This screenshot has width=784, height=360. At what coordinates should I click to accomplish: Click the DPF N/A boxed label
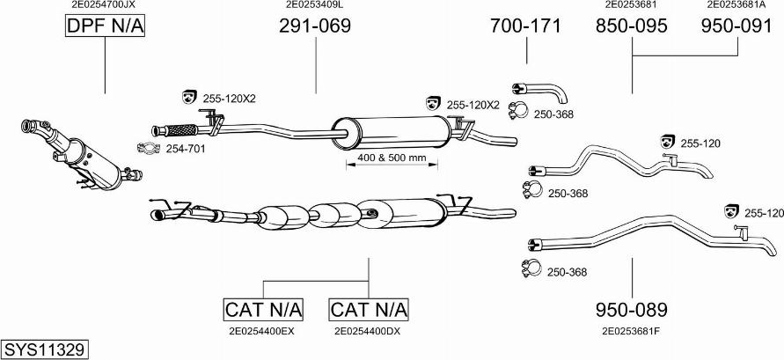pyautogui.click(x=105, y=27)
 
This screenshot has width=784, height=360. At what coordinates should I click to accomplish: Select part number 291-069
pyautogui.click(x=315, y=26)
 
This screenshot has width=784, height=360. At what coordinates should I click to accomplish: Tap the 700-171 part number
pyautogui.click(x=525, y=26)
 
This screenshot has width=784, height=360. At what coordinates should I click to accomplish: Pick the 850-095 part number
pyautogui.click(x=631, y=26)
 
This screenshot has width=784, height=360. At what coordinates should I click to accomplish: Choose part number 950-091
pyautogui.click(x=736, y=26)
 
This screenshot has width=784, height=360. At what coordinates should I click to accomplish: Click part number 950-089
pyautogui.click(x=631, y=310)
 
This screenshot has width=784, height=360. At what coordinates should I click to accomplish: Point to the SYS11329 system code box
pyautogui.click(x=44, y=349)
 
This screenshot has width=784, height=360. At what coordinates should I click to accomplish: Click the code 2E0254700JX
pyautogui.click(x=104, y=4)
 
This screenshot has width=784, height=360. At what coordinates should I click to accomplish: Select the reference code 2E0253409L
pyautogui.click(x=315, y=4)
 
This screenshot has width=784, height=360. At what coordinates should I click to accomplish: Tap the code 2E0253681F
pyautogui.click(x=631, y=331)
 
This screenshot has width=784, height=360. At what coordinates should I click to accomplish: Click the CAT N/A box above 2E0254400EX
pyautogui.click(x=263, y=310)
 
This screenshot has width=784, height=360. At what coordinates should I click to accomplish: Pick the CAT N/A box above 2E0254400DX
pyautogui.click(x=369, y=310)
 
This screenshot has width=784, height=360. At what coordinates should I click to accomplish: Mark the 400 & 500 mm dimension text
pyautogui.click(x=392, y=158)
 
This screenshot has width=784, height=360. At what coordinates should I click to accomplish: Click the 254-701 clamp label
pyautogui.click(x=186, y=149)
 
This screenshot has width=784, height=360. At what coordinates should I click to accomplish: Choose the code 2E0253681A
pyautogui.click(x=736, y=4)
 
